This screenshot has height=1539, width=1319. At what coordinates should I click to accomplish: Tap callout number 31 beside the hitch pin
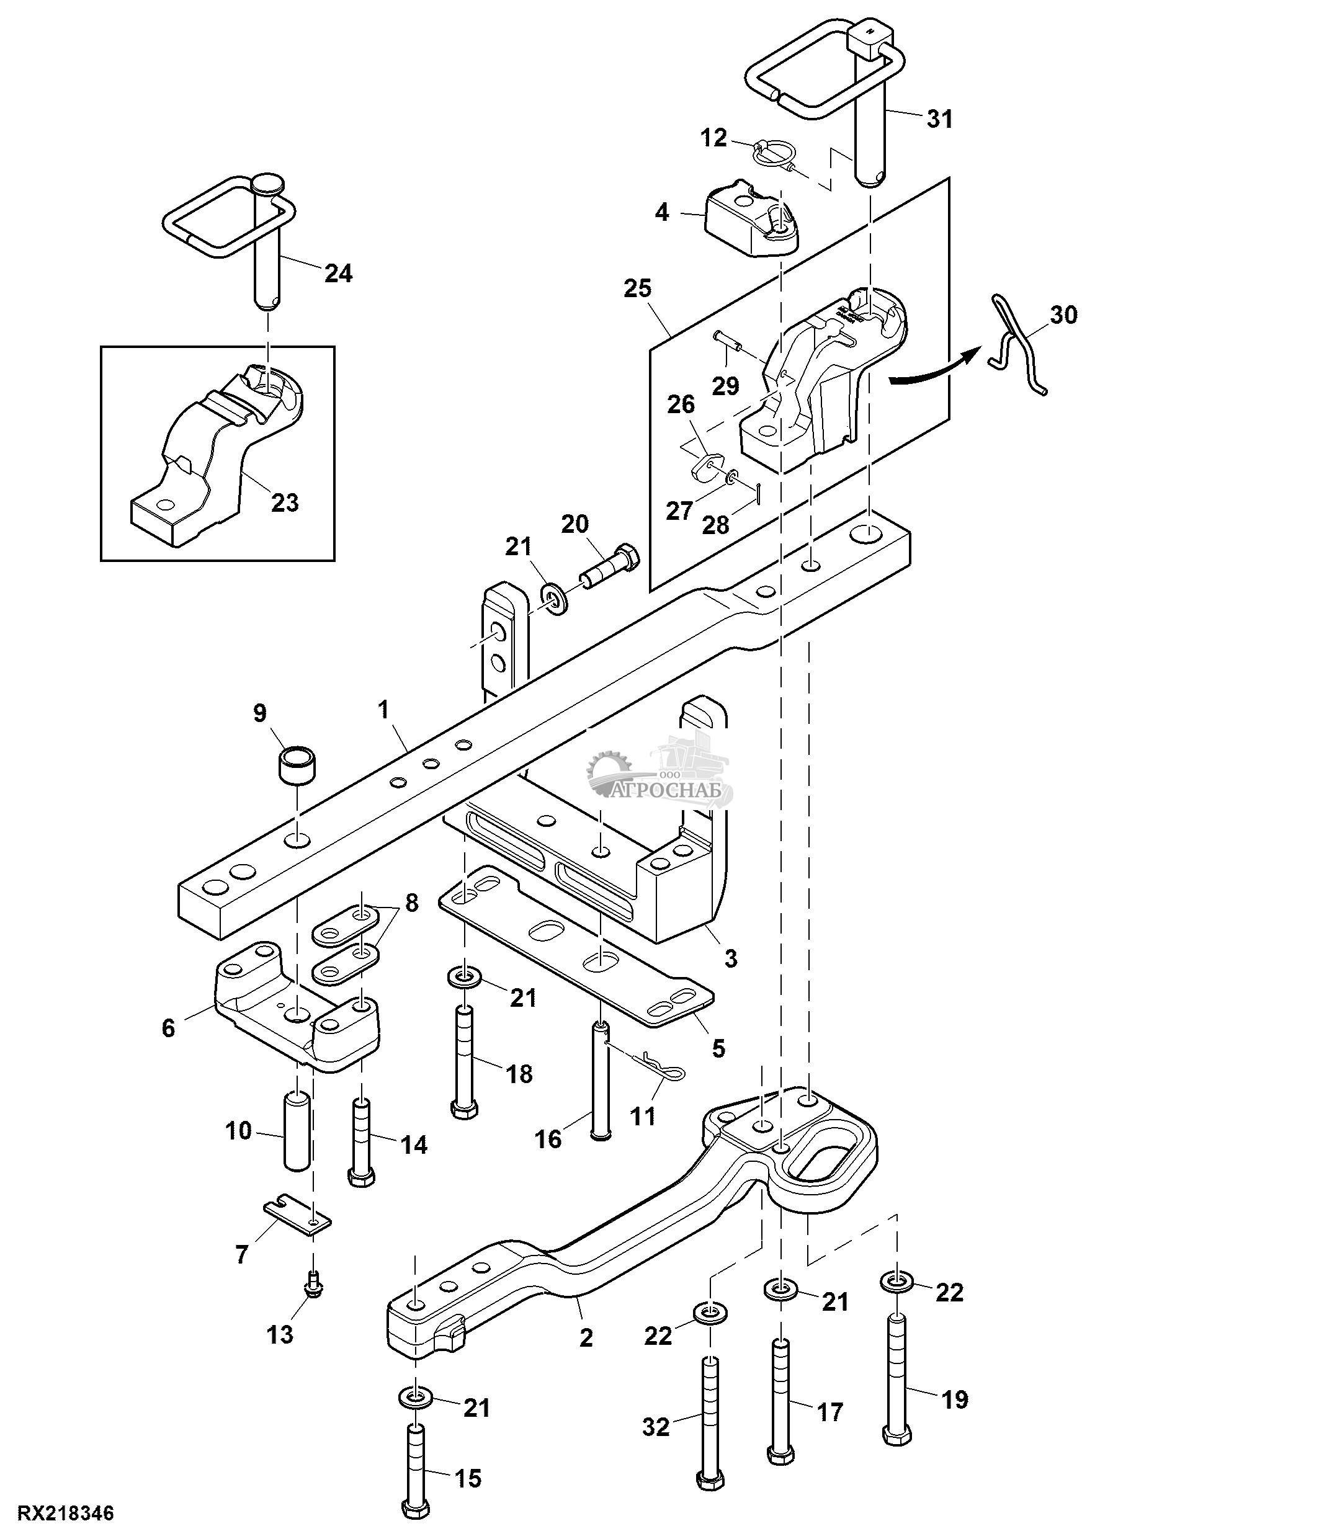point(939,119)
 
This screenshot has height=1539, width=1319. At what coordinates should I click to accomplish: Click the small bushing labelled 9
point(297,764)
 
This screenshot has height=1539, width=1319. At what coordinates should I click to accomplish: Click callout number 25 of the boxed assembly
point(637,288)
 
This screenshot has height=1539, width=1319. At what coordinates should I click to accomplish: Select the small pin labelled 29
point(730,342)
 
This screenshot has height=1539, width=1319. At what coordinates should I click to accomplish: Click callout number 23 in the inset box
point(284,503)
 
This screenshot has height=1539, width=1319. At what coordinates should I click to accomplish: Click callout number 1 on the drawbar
point(383,710)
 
